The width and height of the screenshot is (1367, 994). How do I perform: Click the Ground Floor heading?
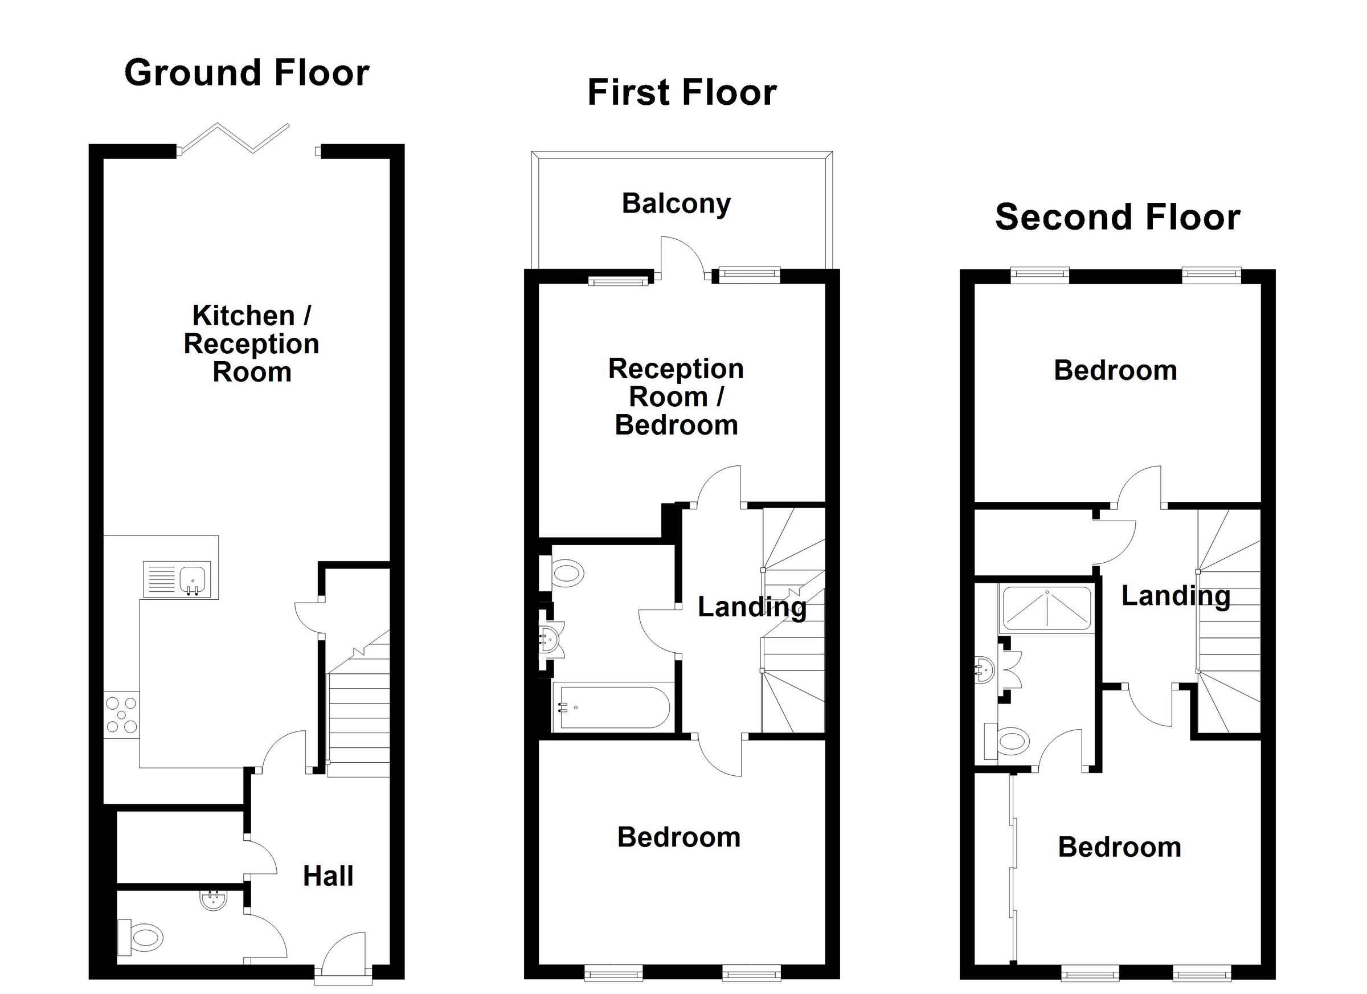point(247,73)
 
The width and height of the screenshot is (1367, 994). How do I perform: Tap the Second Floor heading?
point(1117,217)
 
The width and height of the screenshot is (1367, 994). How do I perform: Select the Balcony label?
point(676,204)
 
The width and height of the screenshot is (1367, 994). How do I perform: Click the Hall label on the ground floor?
point(328,877)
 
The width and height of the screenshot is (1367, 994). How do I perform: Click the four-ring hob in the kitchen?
point(121,716)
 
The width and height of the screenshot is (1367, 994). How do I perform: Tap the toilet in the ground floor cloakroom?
point(142,938)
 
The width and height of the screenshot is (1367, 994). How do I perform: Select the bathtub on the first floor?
point(612,707)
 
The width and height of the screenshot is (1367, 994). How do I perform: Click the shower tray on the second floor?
point(1046,609)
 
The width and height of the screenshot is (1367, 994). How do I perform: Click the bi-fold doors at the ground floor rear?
point(235,138)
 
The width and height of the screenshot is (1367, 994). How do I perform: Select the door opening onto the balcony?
point(682,258)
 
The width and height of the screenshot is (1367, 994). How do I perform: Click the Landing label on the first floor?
point(752,607)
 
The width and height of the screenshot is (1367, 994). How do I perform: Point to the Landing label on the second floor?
point(1175,596)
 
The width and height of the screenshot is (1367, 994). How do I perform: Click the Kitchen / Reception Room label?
point(251,343)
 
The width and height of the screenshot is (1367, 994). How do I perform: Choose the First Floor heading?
point(682,93)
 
